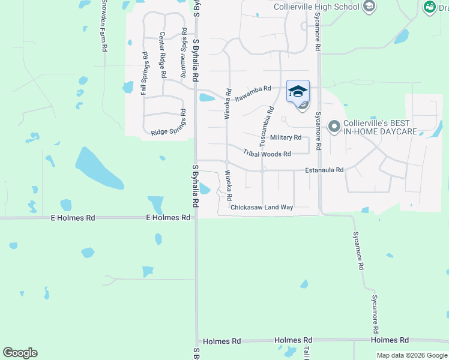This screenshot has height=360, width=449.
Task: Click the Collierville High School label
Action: click(x=316, y=7)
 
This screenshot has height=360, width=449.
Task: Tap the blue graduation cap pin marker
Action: click(x=298, y=91)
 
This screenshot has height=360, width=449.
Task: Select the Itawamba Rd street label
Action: click(x=253, y=92)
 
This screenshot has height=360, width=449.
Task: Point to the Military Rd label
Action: click(x=286, y=137)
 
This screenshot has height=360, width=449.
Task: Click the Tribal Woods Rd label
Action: click(x=267, y=154)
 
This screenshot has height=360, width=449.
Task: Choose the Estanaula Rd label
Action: click(x=324, y=170)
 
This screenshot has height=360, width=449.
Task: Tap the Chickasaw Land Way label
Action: click(x=262, y=207)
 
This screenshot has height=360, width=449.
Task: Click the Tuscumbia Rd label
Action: click(x=266, y=127)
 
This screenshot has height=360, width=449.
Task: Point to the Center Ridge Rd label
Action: click(x=162, y=56)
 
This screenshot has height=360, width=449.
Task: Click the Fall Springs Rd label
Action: click(x=144, y=74)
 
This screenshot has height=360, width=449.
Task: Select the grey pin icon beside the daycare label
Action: click(x=334, y=127)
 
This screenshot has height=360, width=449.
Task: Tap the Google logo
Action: click(x=20, y=353)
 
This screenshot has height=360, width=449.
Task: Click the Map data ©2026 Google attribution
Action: click(x=411, y=355)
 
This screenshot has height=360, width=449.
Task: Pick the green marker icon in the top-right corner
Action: click(x=430, y=7)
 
